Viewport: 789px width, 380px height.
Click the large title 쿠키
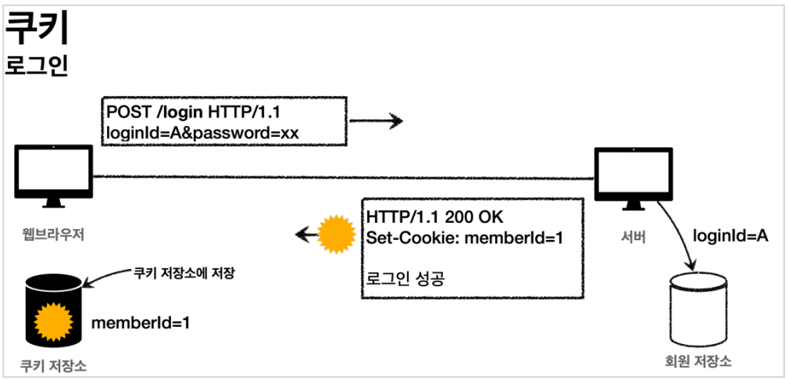(37, 30)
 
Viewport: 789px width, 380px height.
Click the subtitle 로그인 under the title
(37, 65)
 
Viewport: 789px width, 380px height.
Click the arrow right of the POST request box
(376, 121)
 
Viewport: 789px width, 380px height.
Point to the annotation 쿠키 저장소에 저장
(185, 274)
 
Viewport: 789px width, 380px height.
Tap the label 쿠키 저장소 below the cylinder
(52, 365)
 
